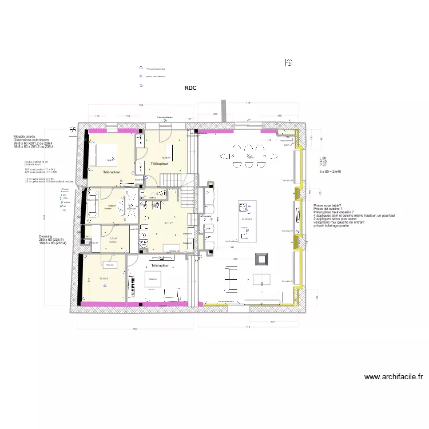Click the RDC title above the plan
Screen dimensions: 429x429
[190, 88]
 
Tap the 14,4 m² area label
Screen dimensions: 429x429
[110, 161]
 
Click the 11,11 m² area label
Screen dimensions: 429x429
[104, 279]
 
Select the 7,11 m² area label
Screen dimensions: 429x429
[112, 238]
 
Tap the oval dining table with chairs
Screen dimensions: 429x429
[249, 155]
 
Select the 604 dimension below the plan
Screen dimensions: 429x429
[134, 329]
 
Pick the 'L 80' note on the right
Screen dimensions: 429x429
[323, 157]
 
